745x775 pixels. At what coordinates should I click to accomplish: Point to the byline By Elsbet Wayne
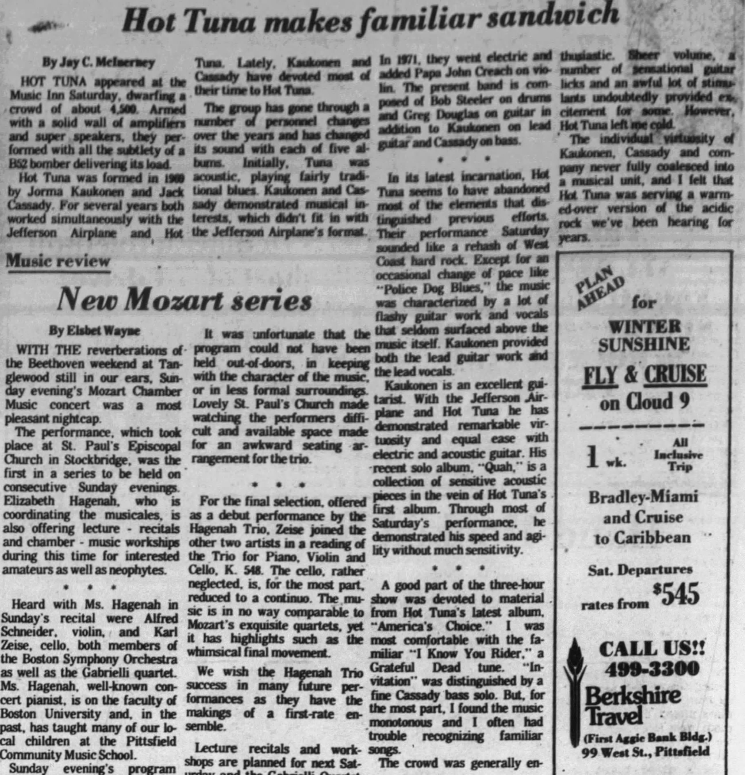click(x=95, y=331)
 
